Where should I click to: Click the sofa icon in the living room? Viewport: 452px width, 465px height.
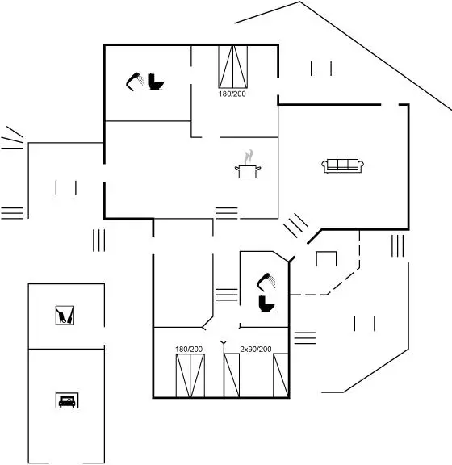343,166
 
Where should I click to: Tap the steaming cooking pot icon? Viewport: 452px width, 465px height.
248,165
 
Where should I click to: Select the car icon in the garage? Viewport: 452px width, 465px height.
67,400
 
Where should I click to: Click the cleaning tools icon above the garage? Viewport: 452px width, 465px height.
65,315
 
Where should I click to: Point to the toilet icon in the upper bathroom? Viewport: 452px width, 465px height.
156,82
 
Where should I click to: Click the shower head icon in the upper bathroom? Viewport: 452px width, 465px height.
135,81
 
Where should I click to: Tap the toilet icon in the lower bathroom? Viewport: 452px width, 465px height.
266,304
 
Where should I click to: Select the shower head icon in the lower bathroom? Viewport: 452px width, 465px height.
266,281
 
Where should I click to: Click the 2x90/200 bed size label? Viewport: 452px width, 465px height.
256,349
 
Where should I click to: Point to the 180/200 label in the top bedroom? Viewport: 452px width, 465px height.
232,94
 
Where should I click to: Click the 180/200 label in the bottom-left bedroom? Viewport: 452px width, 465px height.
189,349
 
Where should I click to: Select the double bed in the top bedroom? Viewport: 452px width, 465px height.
232,67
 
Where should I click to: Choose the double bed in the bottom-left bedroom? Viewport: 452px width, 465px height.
190,375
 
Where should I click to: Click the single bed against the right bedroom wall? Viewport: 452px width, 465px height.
281,375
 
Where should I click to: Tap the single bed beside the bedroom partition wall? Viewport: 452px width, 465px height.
232,375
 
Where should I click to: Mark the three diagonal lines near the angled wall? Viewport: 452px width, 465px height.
296,225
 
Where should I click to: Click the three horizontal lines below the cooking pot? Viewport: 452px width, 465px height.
226,213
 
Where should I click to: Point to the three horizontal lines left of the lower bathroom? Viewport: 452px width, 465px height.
226,295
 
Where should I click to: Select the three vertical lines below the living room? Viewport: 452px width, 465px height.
397,246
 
